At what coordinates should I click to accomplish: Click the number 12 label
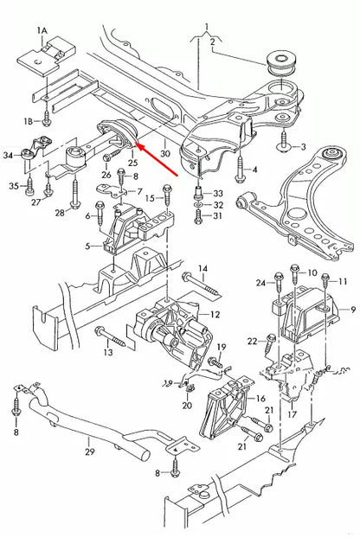(215, 314)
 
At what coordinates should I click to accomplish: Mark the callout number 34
(8, 155)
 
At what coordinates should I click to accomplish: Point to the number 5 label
(86, 246)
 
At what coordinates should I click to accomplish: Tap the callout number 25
(132, 162)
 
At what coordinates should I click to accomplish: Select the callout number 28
(60, 212)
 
